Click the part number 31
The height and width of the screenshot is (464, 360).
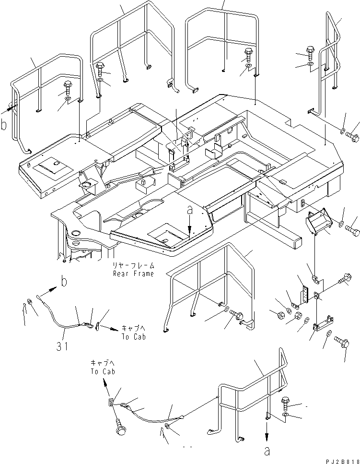(x=62, y=346)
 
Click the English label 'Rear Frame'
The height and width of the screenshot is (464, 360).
(x=134, y=274)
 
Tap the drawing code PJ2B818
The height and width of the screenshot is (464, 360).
(x=343, y=461)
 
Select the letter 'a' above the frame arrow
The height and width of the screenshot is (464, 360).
(x=190, y=210)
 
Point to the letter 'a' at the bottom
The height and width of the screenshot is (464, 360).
(x=267, y=451)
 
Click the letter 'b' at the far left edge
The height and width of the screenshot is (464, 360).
(x=3, y=125)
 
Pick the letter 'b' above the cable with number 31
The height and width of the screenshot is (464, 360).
(x=64, y=282)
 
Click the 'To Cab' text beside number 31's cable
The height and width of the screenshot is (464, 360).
(x=134, y=336)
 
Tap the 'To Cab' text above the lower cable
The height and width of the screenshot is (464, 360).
(x=103, y=371)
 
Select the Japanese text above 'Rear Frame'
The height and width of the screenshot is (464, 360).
(x=134, y=265)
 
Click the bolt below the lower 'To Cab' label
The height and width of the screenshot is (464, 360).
(x=120, y=427)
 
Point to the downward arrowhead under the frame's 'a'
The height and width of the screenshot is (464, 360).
(x=190, y=229)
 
